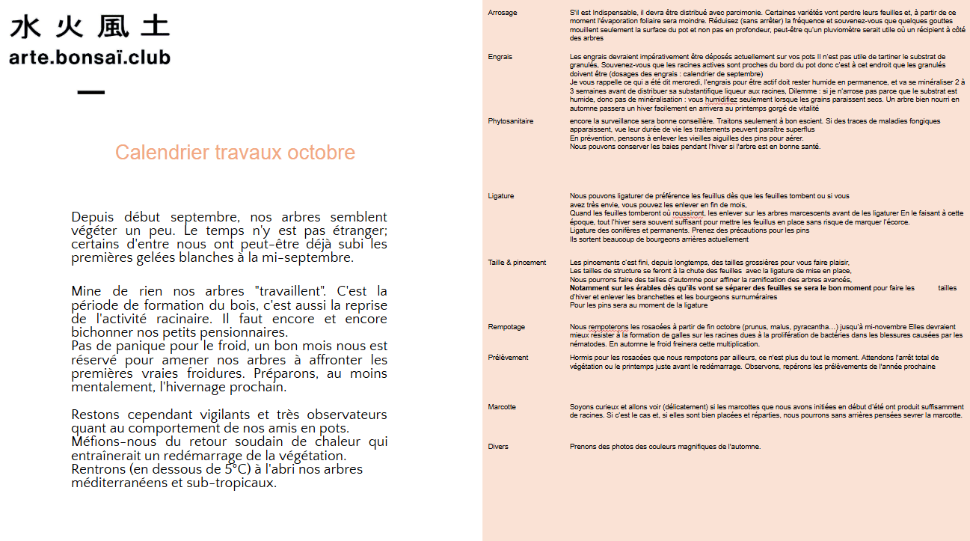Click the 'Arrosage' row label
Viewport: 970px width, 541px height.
point(502,13)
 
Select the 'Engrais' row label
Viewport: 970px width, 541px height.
point(500,57)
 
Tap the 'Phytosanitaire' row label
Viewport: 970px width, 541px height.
point(510,121)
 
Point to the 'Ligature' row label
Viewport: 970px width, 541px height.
point(500,196)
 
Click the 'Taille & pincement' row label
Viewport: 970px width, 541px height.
point(517,263)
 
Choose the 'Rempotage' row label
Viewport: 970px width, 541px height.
point(506,327)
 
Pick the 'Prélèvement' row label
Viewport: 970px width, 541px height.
point(508,358)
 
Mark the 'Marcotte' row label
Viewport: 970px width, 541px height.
point(501,407)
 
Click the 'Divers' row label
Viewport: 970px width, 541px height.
point(497,447)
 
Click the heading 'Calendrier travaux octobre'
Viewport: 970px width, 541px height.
point(235,153)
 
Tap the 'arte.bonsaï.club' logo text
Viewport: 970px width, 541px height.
point(90,58)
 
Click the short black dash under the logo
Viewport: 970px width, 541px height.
point(90,93)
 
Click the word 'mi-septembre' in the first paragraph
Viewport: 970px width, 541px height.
point(313,258)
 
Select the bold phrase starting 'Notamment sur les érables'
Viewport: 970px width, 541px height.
point(720,288)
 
